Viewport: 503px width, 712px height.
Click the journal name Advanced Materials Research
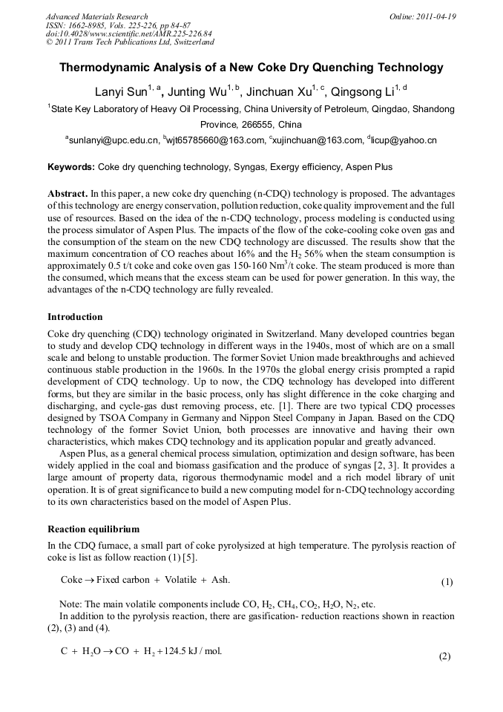click(96, 16)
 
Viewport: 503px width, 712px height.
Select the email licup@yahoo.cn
click(406, 140)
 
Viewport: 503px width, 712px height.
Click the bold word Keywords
click(70, 167)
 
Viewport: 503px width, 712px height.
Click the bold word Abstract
click(68, 193)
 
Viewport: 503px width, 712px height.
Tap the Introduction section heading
click(76, 317)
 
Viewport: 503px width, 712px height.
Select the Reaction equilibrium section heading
click(93, 529)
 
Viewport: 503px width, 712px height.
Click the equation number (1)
click(447, 582)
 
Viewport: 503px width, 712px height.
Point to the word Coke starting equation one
click(71, 579)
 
